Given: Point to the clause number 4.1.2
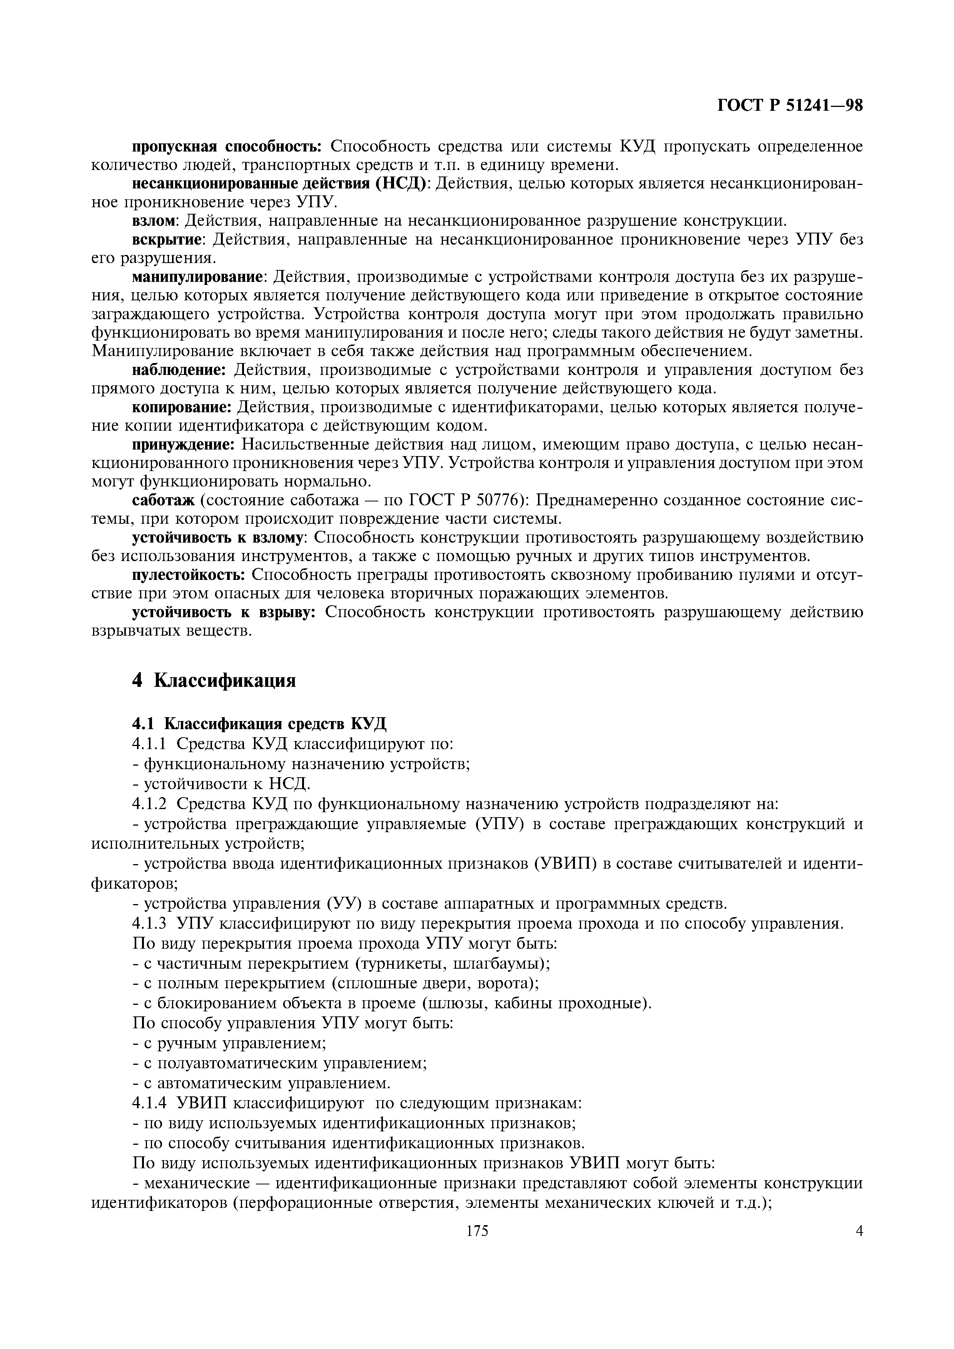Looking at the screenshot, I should tap(150, 803).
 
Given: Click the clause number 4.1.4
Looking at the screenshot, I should tap(150, 1103).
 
